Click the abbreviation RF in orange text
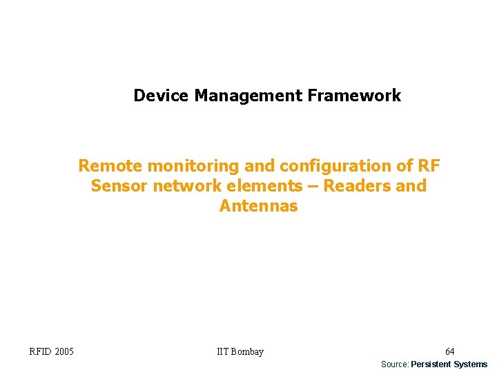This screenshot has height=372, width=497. (x=428, y=166)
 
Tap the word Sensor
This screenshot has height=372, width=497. (x=116, y=186)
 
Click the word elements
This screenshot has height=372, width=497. (x=261, y=186)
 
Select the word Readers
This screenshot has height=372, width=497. (x=357, y=186)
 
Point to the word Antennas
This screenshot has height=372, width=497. (x=258, y=206)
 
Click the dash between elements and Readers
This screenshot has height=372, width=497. (x=313, y=187)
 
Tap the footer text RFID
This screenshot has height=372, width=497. (x=40, y=352)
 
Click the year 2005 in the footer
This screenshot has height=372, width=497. (x=64, y=352)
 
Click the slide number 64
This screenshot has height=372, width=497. (x=449, y=352)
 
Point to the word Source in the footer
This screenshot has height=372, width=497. (x=394, y=364)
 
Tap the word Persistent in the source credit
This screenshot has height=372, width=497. (x=431, y=364)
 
